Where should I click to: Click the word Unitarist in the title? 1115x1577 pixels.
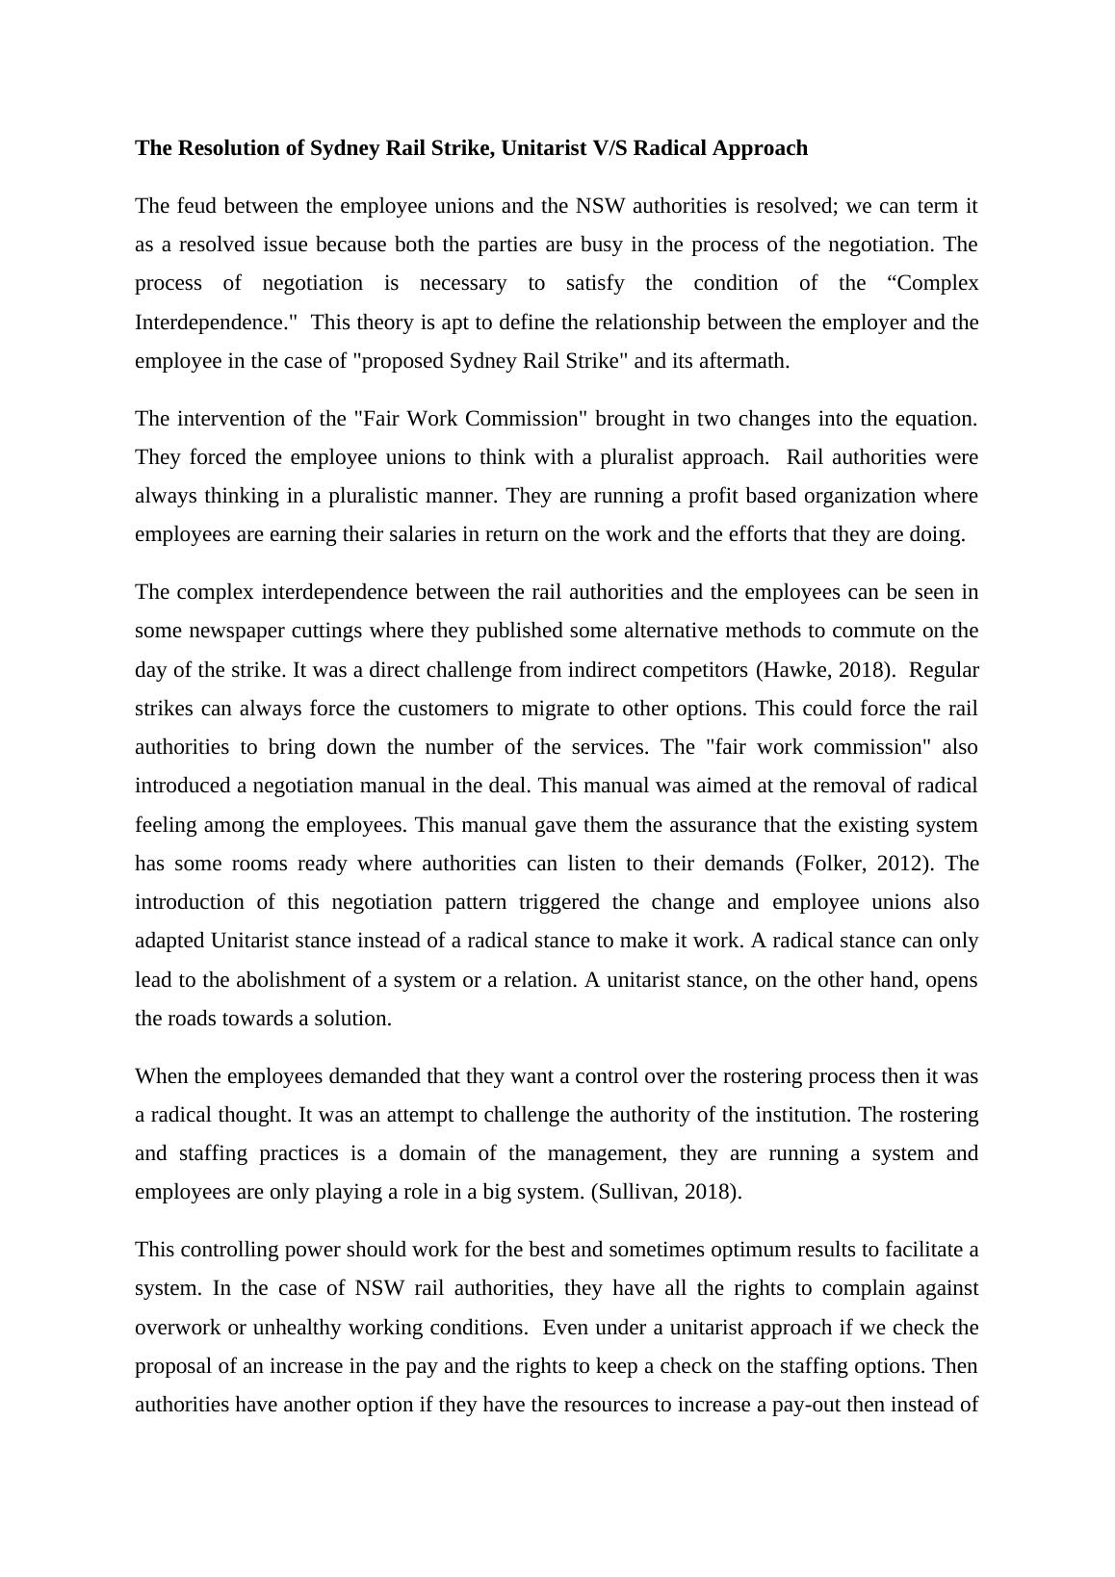[x=545, y=148]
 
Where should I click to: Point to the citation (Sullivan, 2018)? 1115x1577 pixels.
[x=666, y=1192]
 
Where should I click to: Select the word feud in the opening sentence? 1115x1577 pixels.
[x=195, y=206]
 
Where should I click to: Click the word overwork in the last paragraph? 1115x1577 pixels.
[x=176, y=1328]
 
